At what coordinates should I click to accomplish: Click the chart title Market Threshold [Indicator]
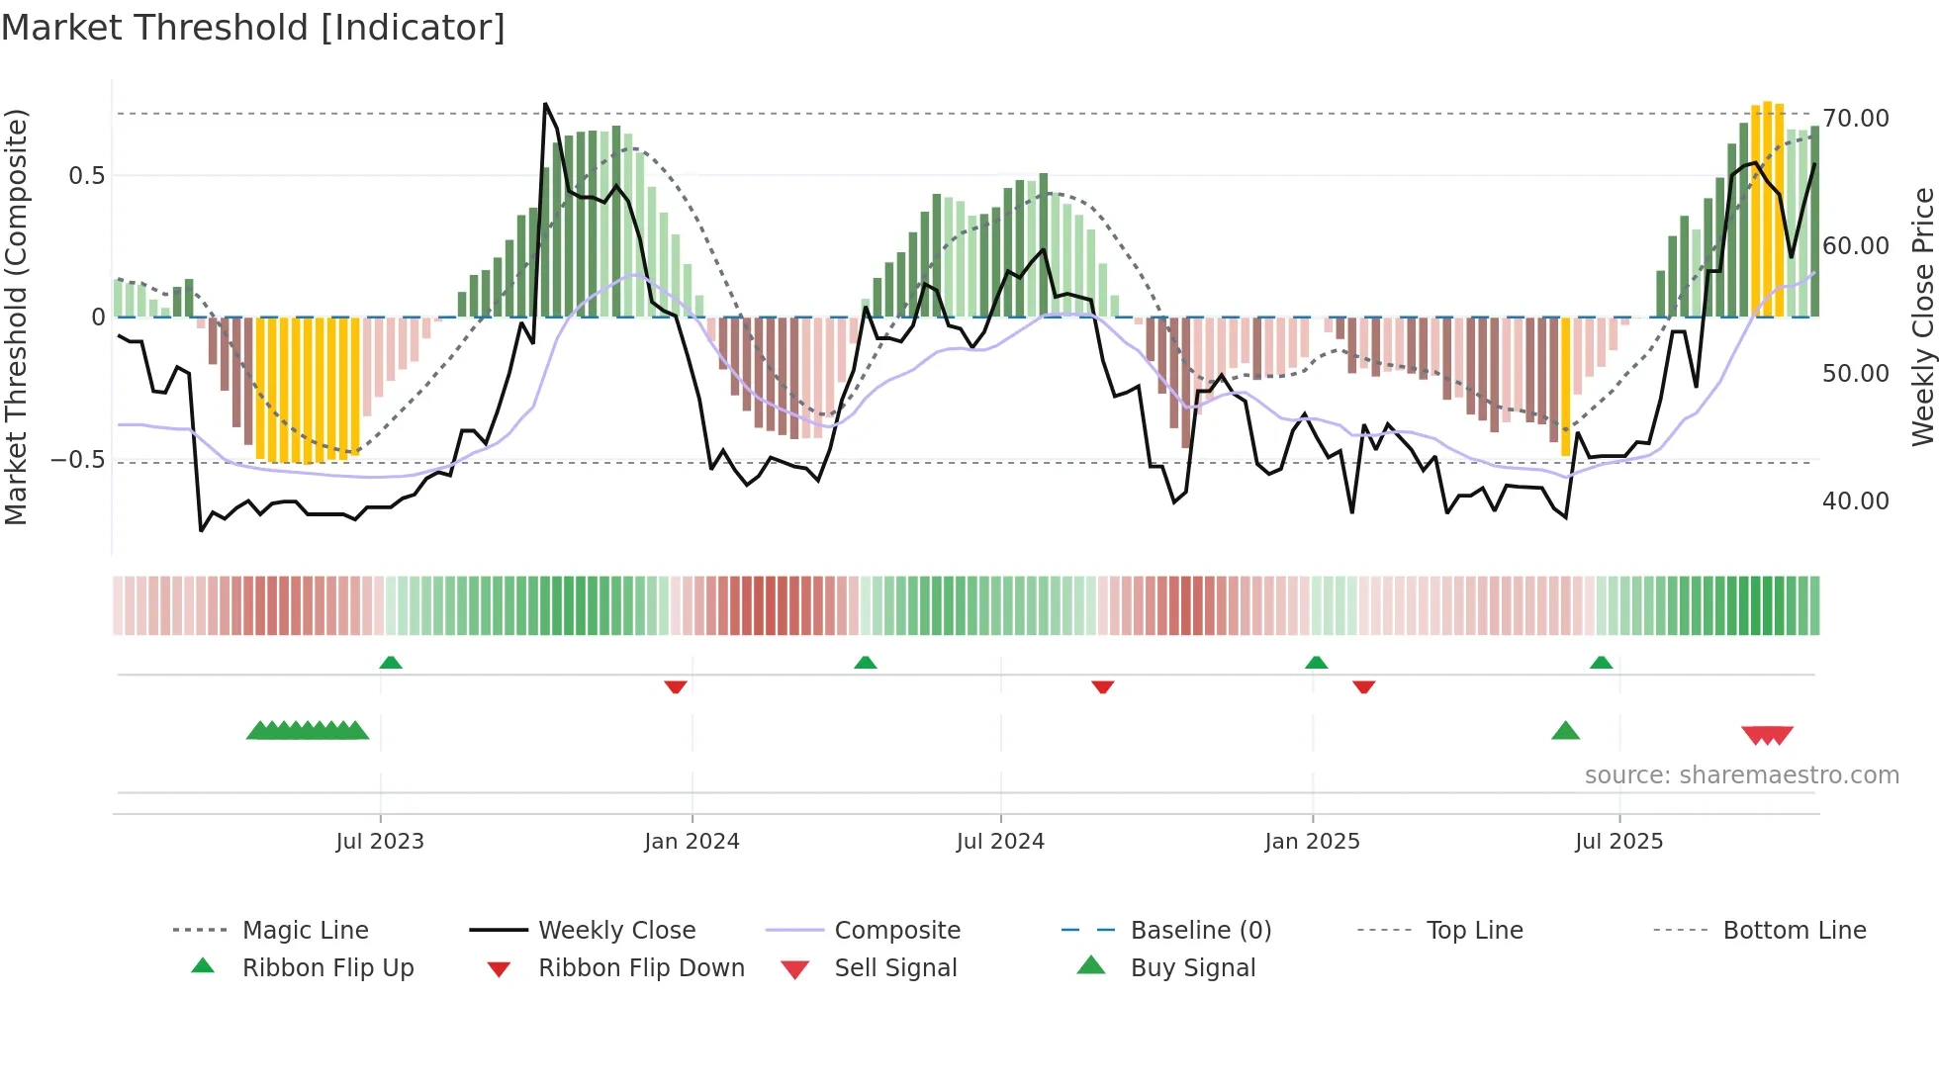pyautogui.click(x=253, y=28)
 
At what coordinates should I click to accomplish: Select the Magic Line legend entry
pyautogui.click(x=305, y=931)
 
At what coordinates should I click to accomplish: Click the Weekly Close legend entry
pyautogui.click(x=616, y=931)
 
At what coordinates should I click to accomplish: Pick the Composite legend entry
pyautogui.click(x=896, y=931)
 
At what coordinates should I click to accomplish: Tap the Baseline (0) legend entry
pyautogui.click(x=1200, y=931)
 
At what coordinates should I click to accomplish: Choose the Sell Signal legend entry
pyautogui.click(x=894, y=968)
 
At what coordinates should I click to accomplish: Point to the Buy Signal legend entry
pyautogui.click(x=1192, y=968)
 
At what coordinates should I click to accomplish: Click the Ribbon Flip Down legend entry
pyautogui.click(x=640, y=968)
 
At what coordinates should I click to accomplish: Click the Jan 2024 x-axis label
pyautogui.click(x=692, y=842)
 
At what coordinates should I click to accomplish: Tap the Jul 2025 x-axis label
pyautogui.click(x=1618, y=842)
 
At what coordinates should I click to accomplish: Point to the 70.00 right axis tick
pyautogui.click(x=1856, y=119)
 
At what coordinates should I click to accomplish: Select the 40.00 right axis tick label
pyautogui.click(x=1856, y=501)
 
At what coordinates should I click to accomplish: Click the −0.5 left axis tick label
pyautogui.click(x=78, y=460)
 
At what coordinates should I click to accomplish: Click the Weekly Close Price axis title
pyautogui.click(x=1922, y=317)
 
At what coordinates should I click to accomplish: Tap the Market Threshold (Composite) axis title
pyautogui.click(x=16, y=317)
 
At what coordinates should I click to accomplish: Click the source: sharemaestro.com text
pyautogui.click(x=1741, y=775)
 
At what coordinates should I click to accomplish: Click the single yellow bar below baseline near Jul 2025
pyautogui.click(x=1565, y=386)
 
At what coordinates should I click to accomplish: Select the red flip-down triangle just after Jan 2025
pyautogui.click(x=1363, y=686)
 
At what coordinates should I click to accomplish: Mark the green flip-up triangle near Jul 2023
pyautogui.click(x=391, y=663)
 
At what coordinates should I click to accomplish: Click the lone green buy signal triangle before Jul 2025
pyautogui.click(x=1565, y=731)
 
